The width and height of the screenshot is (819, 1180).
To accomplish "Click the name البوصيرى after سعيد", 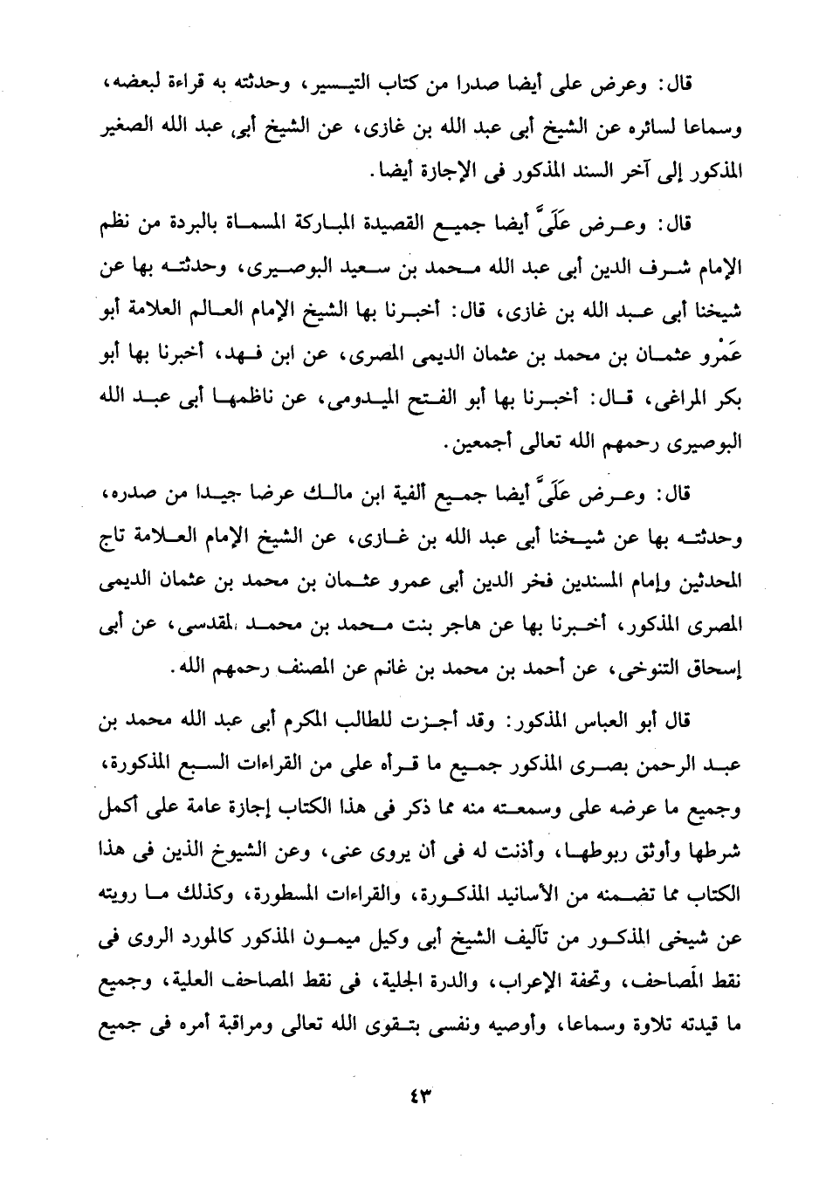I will coord(282,268).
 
